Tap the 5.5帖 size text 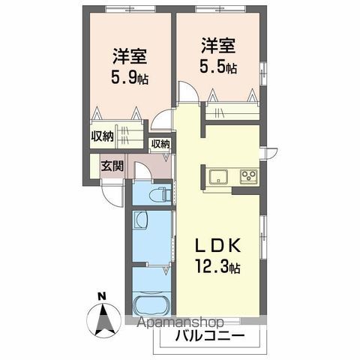coord(218,67)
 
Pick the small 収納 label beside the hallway coord(160,144)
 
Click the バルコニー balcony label coord(209,335)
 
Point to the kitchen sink coord(219,177)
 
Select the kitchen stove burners coord(248,177)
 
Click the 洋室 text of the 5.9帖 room coord(129,55)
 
